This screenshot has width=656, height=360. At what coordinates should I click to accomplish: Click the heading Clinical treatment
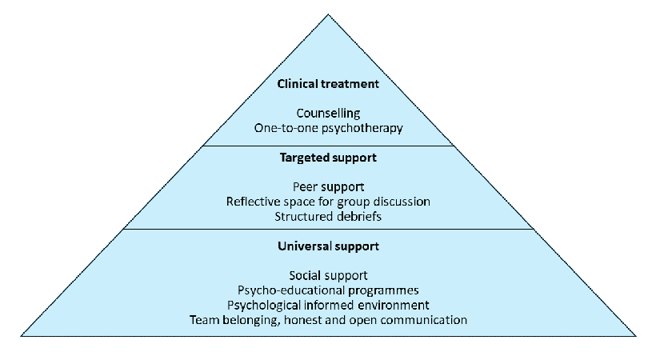(327, 83)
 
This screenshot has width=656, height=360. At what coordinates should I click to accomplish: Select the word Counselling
(328, 114)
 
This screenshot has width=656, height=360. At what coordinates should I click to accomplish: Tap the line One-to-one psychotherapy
(328, 128)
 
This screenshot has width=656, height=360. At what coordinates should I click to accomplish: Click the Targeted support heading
(328, 158)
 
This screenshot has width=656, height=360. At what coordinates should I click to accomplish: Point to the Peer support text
(328, 188)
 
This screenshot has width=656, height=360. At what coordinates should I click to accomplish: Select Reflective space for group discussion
(328, 202)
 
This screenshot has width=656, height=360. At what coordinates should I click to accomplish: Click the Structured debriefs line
(328, 216)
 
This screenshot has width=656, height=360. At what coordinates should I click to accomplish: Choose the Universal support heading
(328, 246)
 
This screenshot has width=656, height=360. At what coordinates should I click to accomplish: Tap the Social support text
(328, 276)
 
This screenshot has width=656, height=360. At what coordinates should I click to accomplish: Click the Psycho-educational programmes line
(328, 290)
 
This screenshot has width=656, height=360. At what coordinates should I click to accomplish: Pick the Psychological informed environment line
(328, 305)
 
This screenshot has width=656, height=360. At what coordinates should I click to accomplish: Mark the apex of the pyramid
(328, 14)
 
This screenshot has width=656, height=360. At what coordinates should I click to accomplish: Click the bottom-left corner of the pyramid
(22, 335)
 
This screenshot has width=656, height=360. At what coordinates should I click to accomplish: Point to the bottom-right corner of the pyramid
(635, 335)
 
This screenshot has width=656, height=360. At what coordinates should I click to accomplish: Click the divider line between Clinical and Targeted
(328, 146)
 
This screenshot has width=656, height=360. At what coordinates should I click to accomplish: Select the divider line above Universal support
(328, 229)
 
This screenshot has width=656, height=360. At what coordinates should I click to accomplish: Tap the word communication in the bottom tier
(425, 320)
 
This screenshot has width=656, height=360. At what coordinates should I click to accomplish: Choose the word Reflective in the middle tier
(254, 202)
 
